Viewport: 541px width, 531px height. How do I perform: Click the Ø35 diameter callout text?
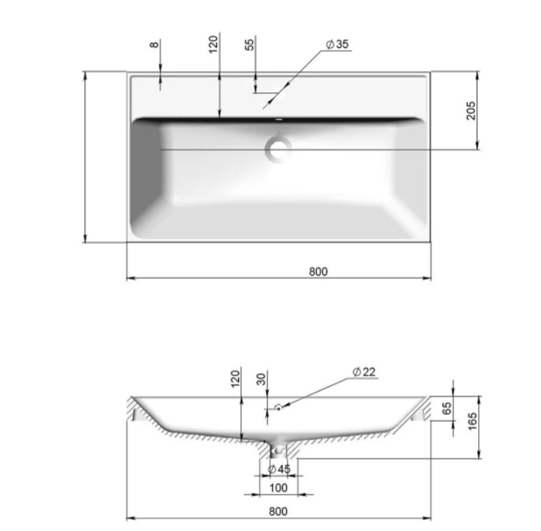[337, 44]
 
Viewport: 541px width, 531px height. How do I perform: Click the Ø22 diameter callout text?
[364, 372]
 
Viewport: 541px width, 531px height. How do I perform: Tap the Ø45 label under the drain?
[279, 469]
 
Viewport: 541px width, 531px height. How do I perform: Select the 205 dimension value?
[471, 111]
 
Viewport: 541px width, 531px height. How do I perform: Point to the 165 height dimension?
[472, 421]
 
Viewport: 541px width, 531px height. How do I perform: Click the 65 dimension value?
[447, 409]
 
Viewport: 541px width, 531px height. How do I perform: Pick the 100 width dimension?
[278, 488]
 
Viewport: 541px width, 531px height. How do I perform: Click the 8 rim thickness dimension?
[154, 45]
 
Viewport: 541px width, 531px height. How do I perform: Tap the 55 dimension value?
[249, 45]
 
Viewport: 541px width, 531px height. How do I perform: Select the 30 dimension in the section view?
[261, 379]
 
